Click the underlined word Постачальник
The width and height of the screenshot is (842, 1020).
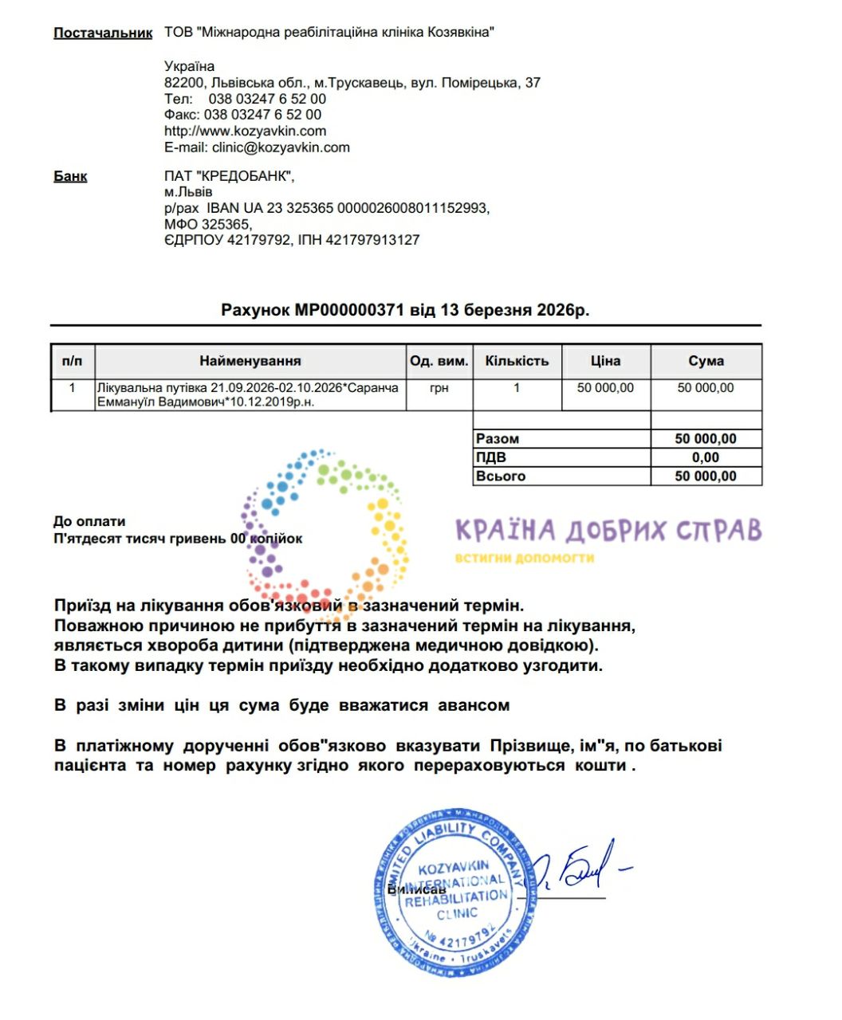103,33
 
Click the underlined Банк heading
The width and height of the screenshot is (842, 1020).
70,176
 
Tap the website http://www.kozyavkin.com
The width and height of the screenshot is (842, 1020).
245,131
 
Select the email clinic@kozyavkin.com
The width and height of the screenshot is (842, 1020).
281,147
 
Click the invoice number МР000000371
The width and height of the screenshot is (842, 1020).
350,310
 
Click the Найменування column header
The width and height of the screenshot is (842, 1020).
250,361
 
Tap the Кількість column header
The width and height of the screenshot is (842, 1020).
517,361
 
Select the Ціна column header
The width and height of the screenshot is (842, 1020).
605,361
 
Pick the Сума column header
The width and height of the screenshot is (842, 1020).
706,361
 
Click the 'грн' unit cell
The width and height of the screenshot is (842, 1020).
439,388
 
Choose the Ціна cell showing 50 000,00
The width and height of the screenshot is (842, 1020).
605,388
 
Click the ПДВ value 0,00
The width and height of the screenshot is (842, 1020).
706,457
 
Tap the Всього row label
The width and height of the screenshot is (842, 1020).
501,477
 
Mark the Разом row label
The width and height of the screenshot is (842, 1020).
498,439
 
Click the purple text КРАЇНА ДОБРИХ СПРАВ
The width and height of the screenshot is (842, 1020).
608,530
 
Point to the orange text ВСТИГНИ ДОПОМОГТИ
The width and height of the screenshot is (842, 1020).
525,558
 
